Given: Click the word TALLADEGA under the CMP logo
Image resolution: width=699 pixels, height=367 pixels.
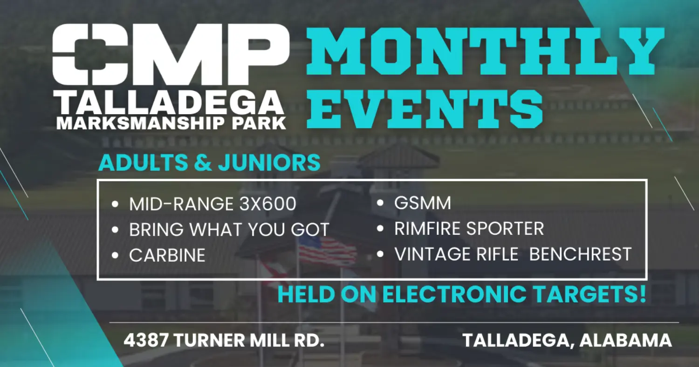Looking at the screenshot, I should pyautogui.click(x=169, y=103).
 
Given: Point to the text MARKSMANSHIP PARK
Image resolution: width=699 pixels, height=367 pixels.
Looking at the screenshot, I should pyautogui.click(x=171, y=123).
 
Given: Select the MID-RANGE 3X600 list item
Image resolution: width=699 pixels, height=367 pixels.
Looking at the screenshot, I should pyautogui.click(x=212, y=204).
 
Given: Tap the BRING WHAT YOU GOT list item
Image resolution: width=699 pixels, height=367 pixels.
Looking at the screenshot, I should pyautogui.click(x=229, y=230).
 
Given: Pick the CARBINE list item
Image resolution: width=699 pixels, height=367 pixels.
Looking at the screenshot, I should pyautogui.click(x=167, y=255).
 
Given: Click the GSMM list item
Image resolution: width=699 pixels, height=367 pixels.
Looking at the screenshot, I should pyautogui.click(x=423, y=203).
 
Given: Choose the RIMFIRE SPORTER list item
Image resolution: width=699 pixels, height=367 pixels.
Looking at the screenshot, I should pyautogui.click(x=469, y=229).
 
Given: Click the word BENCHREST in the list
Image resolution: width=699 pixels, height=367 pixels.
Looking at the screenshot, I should pyautogui.click(x=580, y=254).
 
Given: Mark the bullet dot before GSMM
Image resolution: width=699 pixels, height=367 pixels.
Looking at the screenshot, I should pyautogui.click(x=380, y=204).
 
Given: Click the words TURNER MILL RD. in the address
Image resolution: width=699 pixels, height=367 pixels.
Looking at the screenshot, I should pyautogui.click(x=250, y=340).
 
